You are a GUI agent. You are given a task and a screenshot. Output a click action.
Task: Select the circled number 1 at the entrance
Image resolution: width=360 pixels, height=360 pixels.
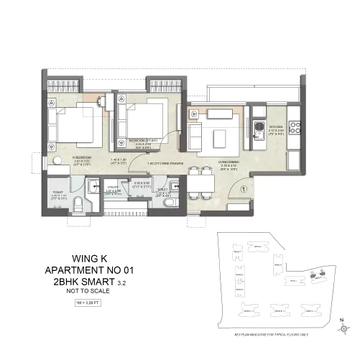pyautogui.click(x=244, y=190)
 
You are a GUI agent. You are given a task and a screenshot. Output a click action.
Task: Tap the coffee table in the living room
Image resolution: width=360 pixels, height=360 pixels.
pyautogui.click(x=221, y=134)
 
